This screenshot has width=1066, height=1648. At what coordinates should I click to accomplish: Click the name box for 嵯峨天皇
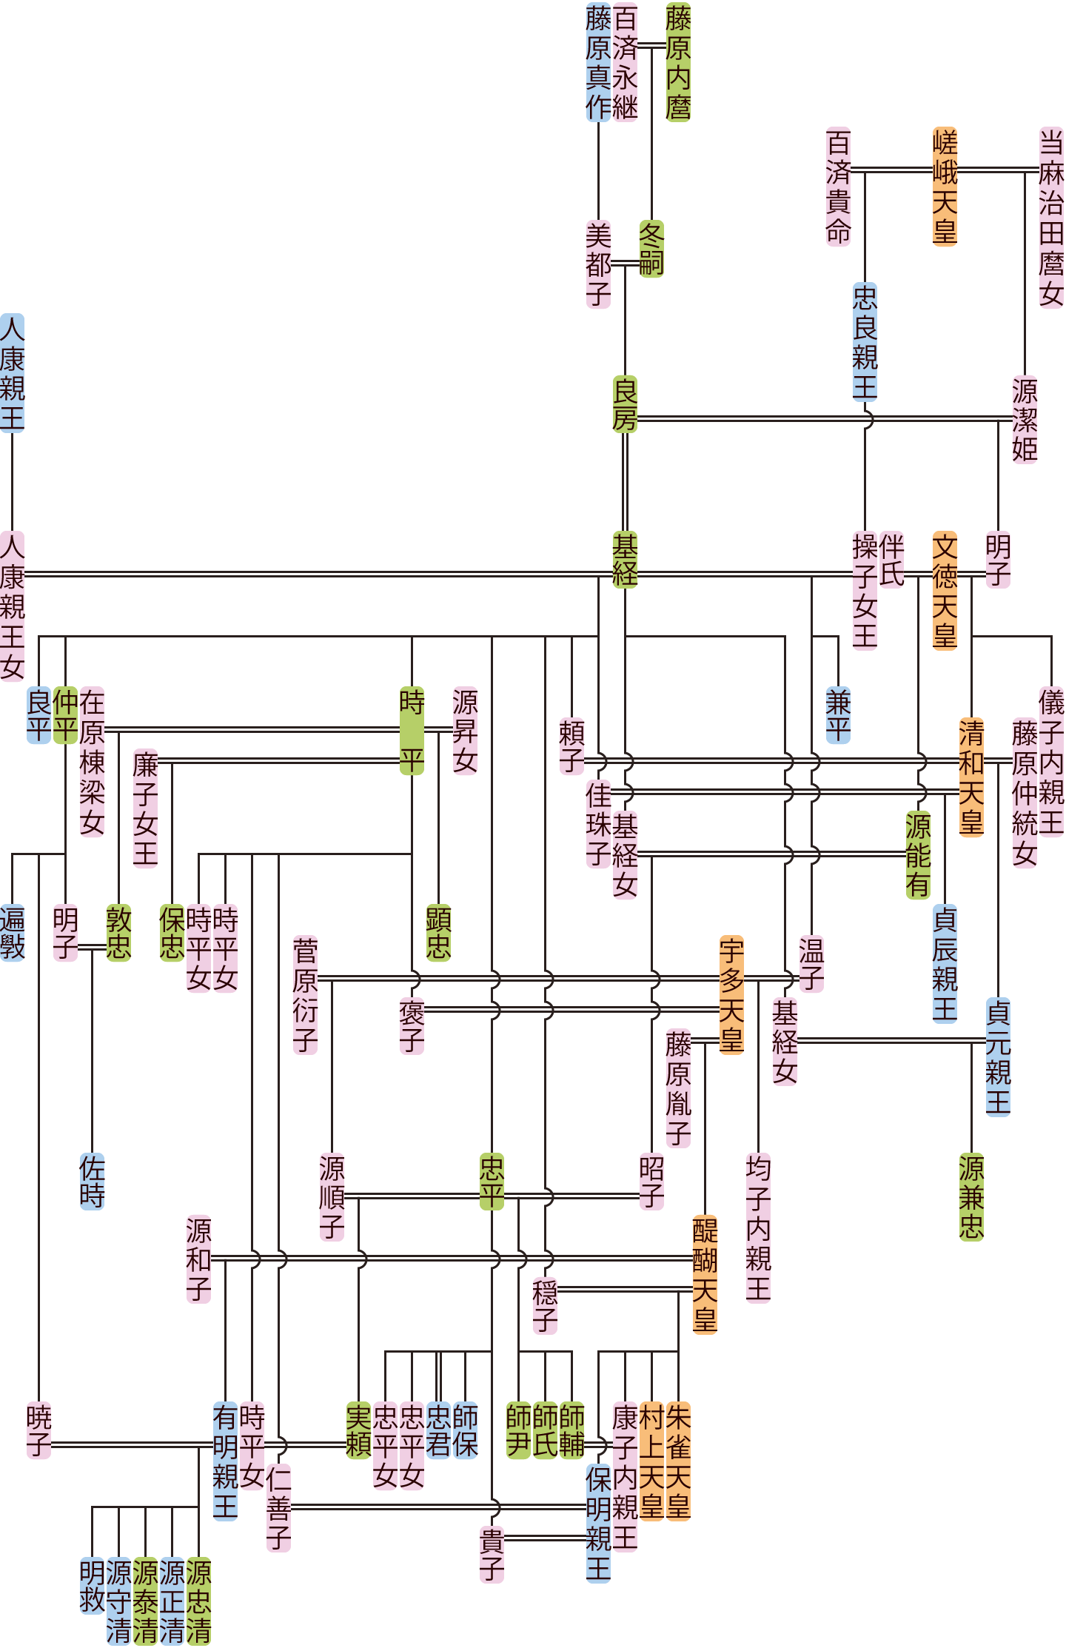click(x=945, y=187)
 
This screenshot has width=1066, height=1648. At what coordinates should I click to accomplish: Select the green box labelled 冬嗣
click(x=651, y=249)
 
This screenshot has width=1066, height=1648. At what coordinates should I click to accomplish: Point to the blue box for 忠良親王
click(x=865, y=342)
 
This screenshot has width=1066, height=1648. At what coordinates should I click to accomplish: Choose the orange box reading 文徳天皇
click(x=945, y=590)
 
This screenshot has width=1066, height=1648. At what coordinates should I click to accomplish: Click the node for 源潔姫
click(x=1025, y=419)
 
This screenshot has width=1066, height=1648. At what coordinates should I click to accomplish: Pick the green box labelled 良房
click(x=625, y=404)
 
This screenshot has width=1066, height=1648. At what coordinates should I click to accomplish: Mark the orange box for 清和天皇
click(x=971, y=777)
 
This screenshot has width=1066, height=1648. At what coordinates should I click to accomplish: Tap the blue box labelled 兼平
click(x=838, y=715)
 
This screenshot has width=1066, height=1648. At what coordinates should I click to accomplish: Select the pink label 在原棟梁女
click(x=92, y=761)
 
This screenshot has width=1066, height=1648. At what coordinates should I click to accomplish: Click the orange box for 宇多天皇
click(x=731, y=994)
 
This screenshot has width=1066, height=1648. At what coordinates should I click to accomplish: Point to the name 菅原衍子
click(x=305, y=994)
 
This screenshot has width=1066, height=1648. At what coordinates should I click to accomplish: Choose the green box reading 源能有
click(x=918, y=854)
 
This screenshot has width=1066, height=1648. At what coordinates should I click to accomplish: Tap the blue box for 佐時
click(x=92, y=1182)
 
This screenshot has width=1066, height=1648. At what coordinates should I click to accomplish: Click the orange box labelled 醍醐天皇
click(x=705, y=1274)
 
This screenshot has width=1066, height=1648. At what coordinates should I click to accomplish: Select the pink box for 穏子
click(x=545, y=1306)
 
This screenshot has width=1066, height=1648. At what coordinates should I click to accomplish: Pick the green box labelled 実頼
click(x=358, y=1430)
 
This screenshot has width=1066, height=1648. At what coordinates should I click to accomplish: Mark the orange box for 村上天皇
click(x=651, y=1461)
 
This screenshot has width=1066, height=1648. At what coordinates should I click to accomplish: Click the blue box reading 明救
click(x=92, y=1586)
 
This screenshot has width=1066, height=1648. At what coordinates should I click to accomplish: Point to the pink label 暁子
click(x=38, y=1430)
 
